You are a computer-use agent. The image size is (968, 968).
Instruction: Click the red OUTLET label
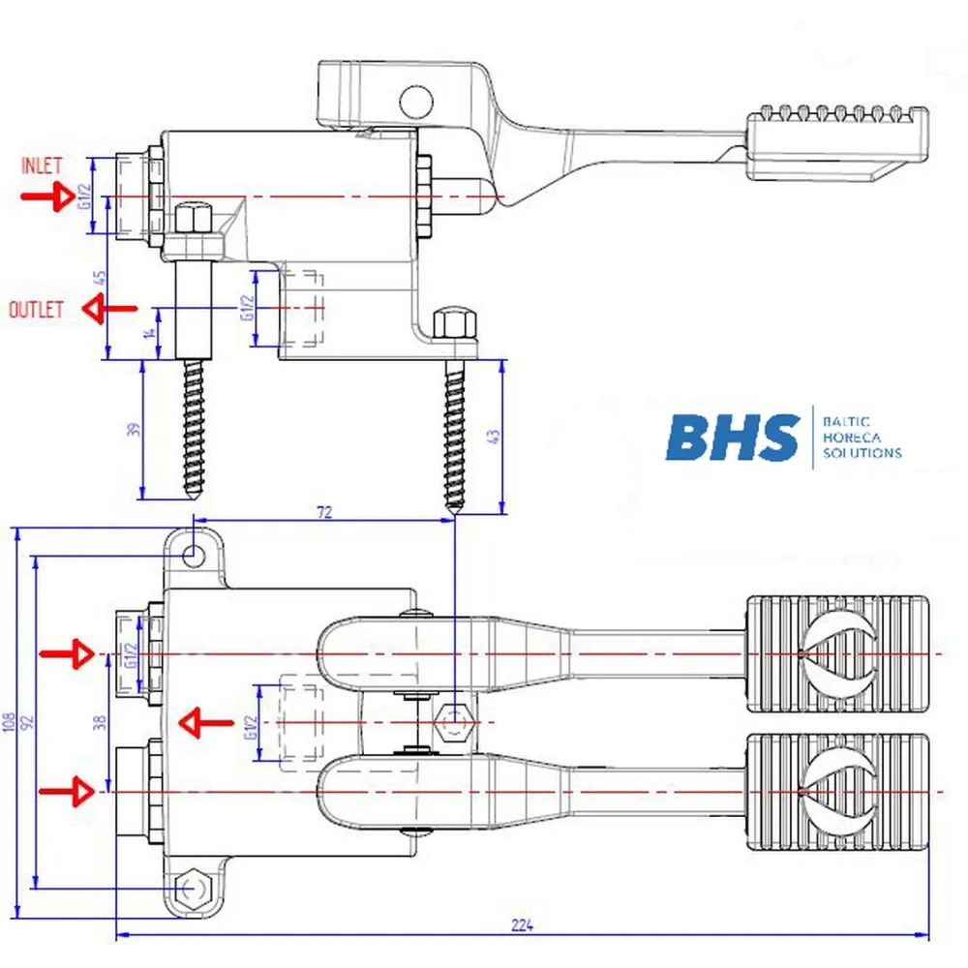tap(37, 310)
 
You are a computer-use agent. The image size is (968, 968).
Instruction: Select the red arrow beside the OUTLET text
tap(108, 310)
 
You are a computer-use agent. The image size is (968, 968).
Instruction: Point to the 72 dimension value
tap(324, 512)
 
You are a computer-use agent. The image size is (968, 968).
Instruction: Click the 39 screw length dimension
tap(136, 428)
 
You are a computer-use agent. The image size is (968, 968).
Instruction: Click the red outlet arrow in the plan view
tap(205, 722)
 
